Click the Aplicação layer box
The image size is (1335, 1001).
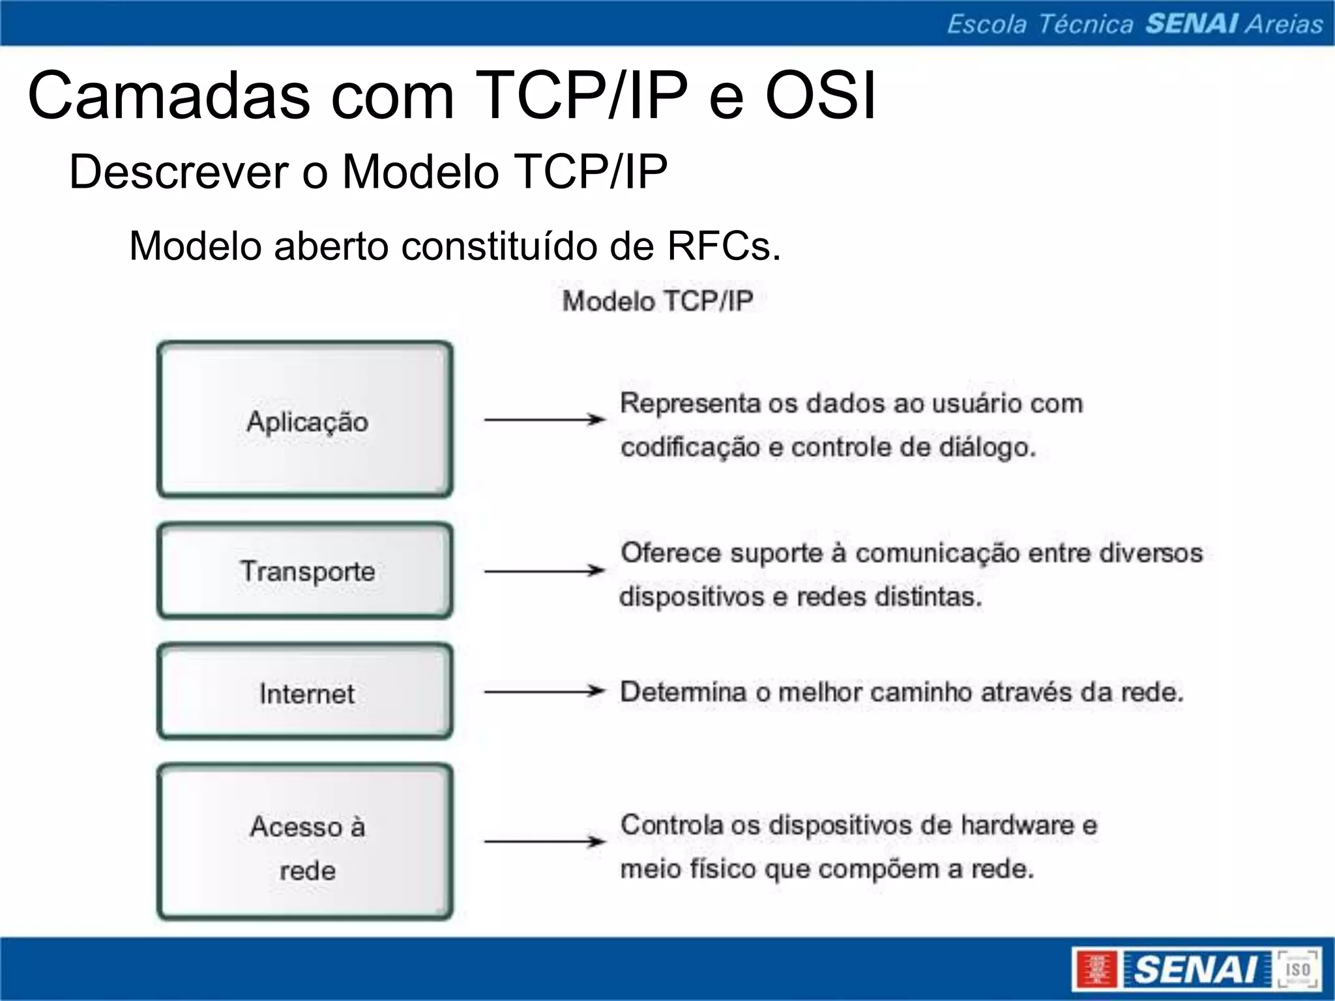point(305,420)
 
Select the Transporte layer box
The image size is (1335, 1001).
point(305,571)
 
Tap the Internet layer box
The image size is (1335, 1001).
point(305,692)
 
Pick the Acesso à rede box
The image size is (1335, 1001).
point(305,842)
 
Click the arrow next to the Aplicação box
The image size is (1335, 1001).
point(545,420)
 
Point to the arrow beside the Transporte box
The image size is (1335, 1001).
point(545,571)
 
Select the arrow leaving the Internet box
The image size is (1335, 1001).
point(545,691)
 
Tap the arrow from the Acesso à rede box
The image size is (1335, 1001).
point(545,841)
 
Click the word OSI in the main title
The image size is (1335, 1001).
point(820,96)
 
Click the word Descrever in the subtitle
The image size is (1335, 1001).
point(179,172)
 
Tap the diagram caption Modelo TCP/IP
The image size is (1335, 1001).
point(657,301)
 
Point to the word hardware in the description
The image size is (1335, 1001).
point(1018,825)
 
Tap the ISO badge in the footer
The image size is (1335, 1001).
point(1297,969)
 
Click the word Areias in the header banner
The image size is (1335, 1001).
point(1284,24)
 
